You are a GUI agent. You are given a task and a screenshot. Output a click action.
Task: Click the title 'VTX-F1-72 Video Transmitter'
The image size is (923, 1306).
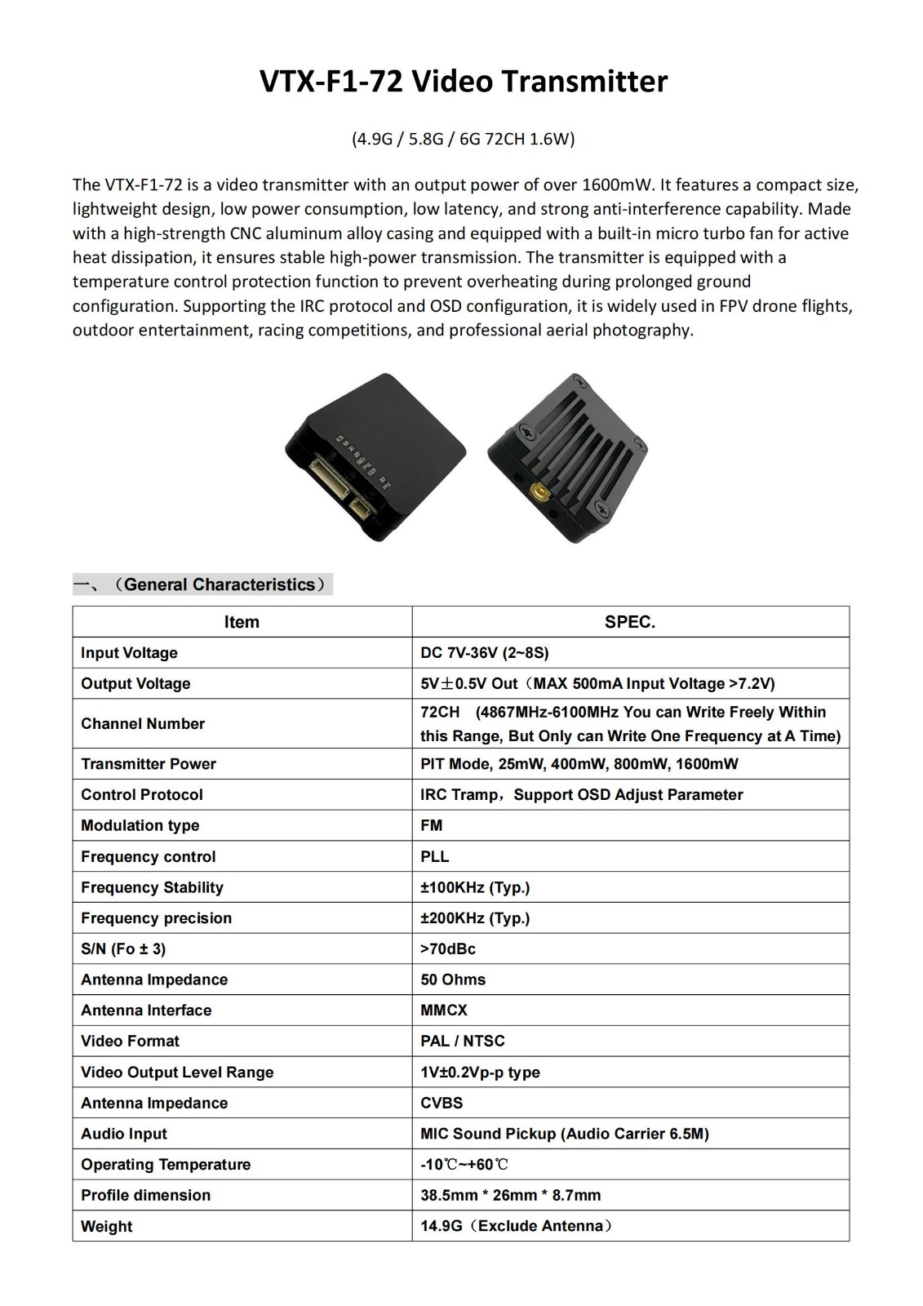pyautogui.click(x=463, y=82)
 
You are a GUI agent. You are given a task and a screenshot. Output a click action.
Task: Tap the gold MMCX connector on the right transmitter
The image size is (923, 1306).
pyautogui.click(x=539, y=493)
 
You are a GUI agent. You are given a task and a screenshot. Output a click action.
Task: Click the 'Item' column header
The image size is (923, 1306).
pyautogui.click(x=242, y=622)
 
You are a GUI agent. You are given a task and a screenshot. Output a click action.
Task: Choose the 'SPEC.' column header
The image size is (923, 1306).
pyautogui.click(x=629, y=622)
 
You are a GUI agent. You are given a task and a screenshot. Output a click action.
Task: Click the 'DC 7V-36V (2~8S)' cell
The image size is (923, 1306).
pyautogui.click(x=485, y=653)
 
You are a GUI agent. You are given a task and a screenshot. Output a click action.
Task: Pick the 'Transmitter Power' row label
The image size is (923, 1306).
pyautogui.click(x=149, y=764)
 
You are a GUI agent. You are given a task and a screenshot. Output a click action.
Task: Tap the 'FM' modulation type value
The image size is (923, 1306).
pyautogui.click(x=432, y=825)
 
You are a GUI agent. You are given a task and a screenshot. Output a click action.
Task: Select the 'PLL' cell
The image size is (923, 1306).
pyautogui.click(x=435, y=856)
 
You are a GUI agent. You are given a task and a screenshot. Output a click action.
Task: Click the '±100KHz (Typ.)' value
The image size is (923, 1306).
pyautogui.click(x=475, y=887)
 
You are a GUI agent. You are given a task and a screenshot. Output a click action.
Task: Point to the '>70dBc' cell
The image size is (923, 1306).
pyautogui.click(x=448, y=948)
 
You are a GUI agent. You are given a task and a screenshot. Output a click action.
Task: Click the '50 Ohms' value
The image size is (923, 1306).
pyautogui.click(x=453, y=979)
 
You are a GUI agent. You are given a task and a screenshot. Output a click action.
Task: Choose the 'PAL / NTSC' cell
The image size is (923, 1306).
pyautogui.click(x=463, y=1041)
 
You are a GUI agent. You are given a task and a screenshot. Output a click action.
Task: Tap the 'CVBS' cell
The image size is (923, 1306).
pyautogui.click(x=442, y=1103)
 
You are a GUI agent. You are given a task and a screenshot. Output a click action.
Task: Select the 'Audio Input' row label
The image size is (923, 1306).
pyautogui.click(x=124, y=1134)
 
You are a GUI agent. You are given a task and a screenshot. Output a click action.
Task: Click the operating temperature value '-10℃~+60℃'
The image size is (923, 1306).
pyautogui.click(x=464, y=1165)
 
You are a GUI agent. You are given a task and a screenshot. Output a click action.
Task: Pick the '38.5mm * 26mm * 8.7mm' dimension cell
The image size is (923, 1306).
pyautogui.click(x=511, y=1195)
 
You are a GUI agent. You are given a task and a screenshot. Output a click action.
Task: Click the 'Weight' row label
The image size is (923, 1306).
pyautogui.click(x=107, y=1226)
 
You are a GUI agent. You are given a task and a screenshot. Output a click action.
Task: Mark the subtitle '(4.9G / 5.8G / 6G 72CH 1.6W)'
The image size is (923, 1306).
pyautogui.click(x=463, y=139)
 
